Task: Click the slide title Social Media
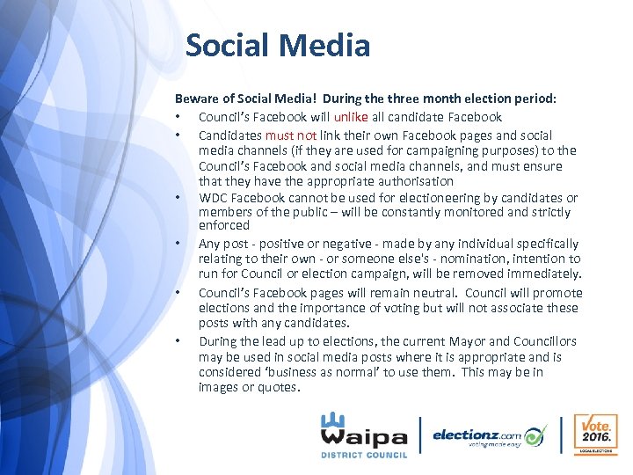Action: click(278, 45)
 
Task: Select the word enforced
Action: click(224, 225)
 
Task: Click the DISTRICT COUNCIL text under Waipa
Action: click(364, 455)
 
